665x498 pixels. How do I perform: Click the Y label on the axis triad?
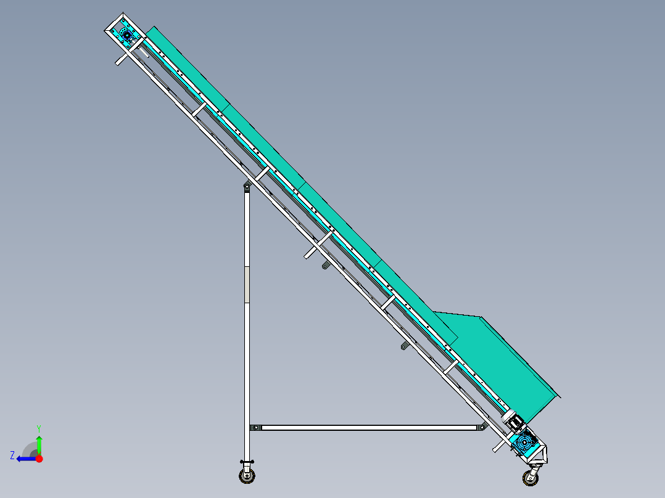click(x=38, y=428)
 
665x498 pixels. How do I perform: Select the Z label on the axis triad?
click(x=12, y=455)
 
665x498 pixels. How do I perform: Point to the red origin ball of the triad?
click(x=39, y=459)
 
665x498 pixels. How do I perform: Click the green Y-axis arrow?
click(x=39, y=445)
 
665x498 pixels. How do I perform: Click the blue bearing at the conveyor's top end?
click(x=128, y=36)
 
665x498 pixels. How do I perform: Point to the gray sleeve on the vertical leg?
click(x=247, y=284)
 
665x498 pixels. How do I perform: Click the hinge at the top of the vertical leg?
click(x=247, y=186)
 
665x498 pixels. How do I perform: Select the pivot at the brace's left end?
click(x=254, y=427)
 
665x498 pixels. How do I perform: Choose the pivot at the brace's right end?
click(x=481, y=427)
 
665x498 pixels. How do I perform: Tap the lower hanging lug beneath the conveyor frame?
click(x=404, y=346)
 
